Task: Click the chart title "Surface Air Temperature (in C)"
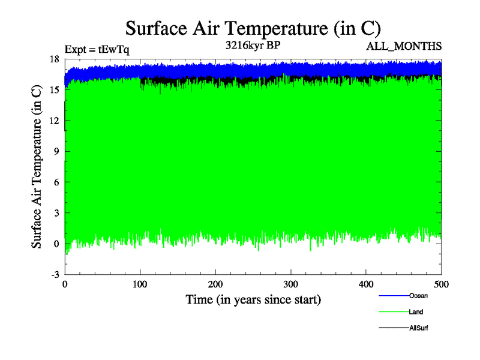point(253,28)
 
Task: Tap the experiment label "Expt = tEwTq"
point(97,50)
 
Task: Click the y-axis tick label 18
point(54,59)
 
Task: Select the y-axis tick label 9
point(56,151)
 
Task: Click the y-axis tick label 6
point(56,182)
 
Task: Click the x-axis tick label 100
point(140,284)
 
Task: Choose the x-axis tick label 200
point(215,284)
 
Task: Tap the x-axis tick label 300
point(291,284)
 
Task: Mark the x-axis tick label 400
point(366,284)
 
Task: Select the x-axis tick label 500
point(441,284)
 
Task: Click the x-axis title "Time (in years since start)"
point(253,299)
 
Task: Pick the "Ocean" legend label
point(418,295)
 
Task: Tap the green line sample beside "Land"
point(394,312)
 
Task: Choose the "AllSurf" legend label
point(419,328)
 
